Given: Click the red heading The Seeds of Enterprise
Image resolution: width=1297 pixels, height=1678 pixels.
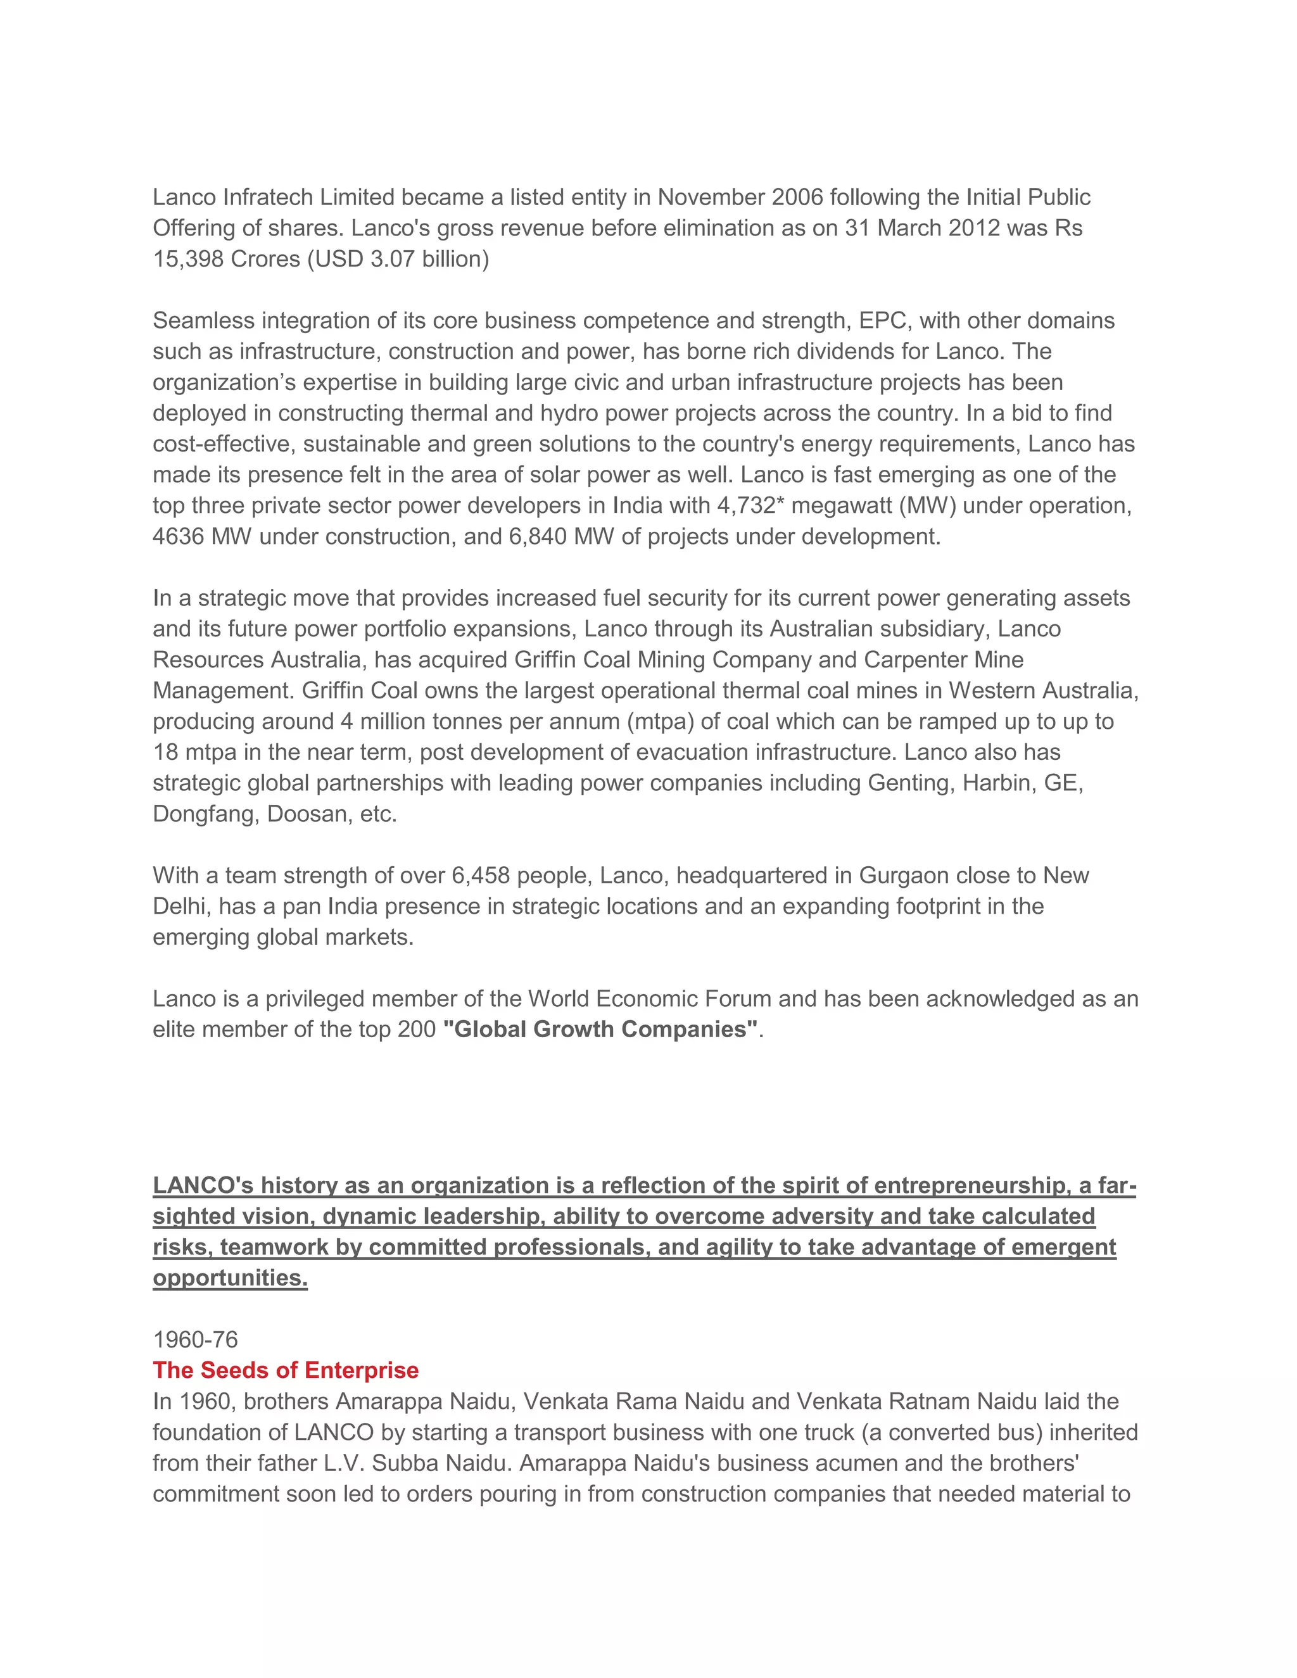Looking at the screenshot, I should tap(285, 1370).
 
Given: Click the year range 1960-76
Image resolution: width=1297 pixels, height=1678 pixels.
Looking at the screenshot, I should tap(195, 1339).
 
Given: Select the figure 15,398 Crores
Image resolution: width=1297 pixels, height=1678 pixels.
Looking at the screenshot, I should tap(226, 259).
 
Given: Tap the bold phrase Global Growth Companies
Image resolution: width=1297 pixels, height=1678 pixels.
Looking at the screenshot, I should tap(600, 1030).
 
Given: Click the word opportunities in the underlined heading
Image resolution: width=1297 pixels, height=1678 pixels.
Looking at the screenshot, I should tap(230, 1278).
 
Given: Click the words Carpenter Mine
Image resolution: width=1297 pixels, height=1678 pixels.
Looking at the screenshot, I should tap(944, 659).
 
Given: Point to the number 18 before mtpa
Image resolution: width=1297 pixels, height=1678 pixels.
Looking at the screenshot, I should tap(165, 752).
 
